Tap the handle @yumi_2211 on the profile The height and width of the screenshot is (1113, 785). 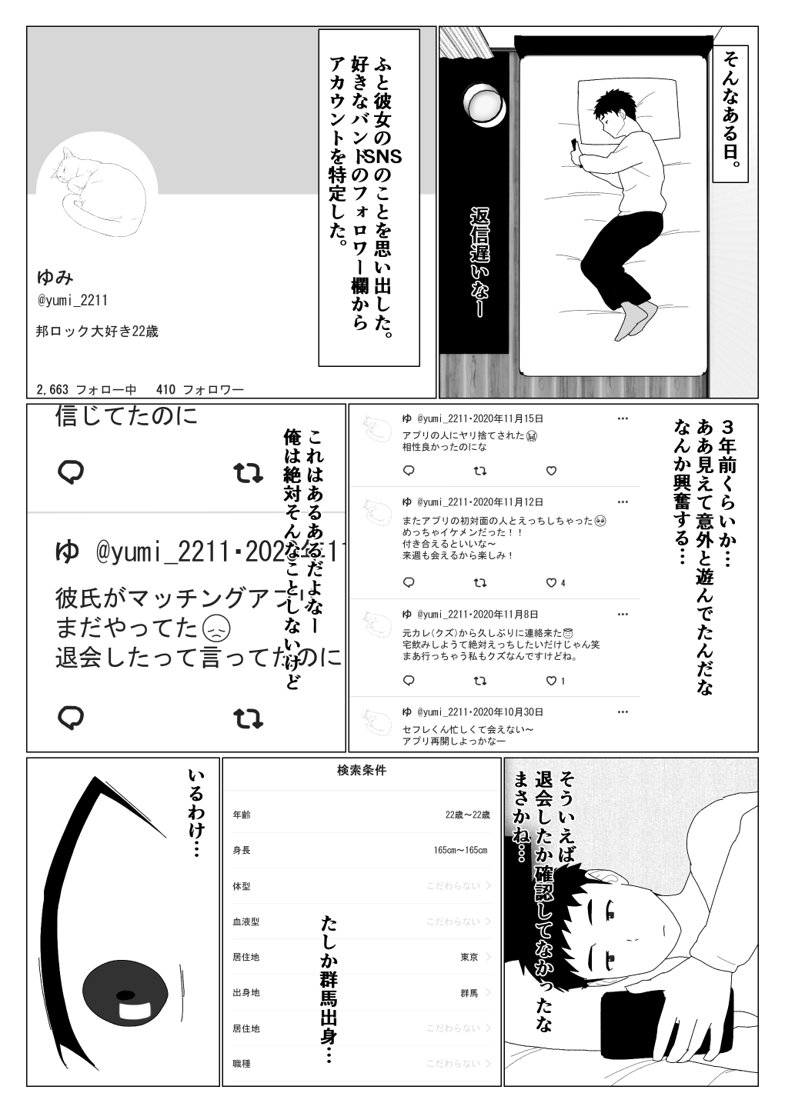point(72,301)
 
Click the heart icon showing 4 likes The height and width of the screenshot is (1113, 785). point(551,582)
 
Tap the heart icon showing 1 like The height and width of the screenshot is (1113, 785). point(551,680)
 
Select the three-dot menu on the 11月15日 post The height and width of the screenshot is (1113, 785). point(622,418)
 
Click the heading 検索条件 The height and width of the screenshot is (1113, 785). point(362,771)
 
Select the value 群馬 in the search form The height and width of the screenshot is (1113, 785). point(469,993)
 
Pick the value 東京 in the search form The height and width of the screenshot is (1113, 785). point(469,958)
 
